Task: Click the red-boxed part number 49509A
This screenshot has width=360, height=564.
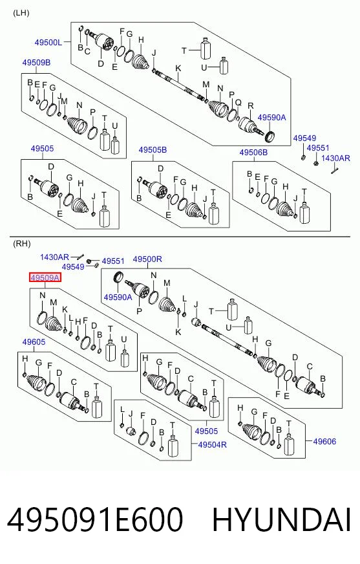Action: [x=45, y=277]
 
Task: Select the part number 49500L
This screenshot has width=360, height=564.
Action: [x=48, y=43]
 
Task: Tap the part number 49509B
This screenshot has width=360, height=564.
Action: [x=36, y=63]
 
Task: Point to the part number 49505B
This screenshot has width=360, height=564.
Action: [x=153, y=150]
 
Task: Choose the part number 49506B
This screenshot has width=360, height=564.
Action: [x=253, y=153]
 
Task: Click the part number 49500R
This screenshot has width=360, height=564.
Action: [x=147, y=259]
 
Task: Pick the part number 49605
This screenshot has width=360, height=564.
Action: [x=34, y=342]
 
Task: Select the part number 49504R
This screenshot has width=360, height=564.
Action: [x=213, y=444]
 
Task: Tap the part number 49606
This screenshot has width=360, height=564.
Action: [x=324, y=441]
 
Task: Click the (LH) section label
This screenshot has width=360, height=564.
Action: [x=21, y=14]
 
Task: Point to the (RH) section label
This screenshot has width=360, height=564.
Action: [x=21, y=244]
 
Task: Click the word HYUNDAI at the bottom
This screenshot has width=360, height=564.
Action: [x=282, y=520]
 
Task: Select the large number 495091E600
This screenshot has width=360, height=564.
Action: [x=95, y=520]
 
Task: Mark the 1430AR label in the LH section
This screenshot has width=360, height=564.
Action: [x=335, y=158]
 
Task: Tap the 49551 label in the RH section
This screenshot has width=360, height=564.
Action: [x=113, y=261]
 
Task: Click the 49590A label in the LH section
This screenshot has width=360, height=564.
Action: [x=271, y=118]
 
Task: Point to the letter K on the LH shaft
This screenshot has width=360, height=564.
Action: [x=178, y=69]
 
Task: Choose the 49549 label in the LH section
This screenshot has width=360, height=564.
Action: [x=304, y=138]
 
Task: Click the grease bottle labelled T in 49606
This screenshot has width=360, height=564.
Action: [x=289, y=443]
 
